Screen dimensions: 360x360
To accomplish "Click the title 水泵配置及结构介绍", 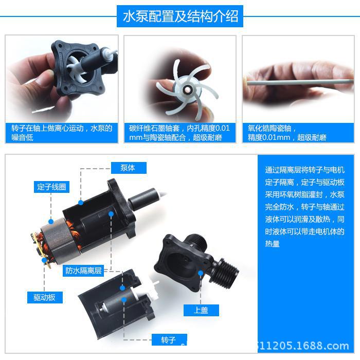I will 180,16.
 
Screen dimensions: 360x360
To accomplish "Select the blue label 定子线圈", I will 51,187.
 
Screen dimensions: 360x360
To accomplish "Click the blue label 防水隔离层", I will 83,270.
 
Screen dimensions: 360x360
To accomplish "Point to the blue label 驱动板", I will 44,297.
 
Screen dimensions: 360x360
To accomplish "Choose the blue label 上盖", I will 201,310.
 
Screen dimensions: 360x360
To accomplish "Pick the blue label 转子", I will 169,340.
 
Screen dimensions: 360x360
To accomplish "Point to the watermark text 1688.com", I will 324,346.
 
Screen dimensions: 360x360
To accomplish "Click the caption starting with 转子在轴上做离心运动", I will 62,133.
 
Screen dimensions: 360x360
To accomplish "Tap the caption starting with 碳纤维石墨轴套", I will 179,133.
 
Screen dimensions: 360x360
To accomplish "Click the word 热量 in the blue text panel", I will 273,244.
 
